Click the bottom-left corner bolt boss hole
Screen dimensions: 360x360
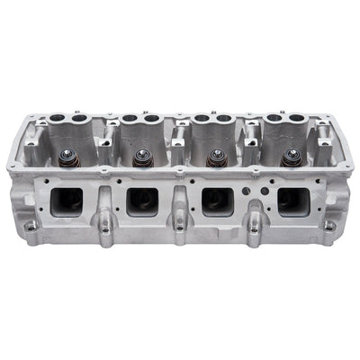pos(31,226)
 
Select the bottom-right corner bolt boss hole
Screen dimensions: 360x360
pos(329,226)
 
